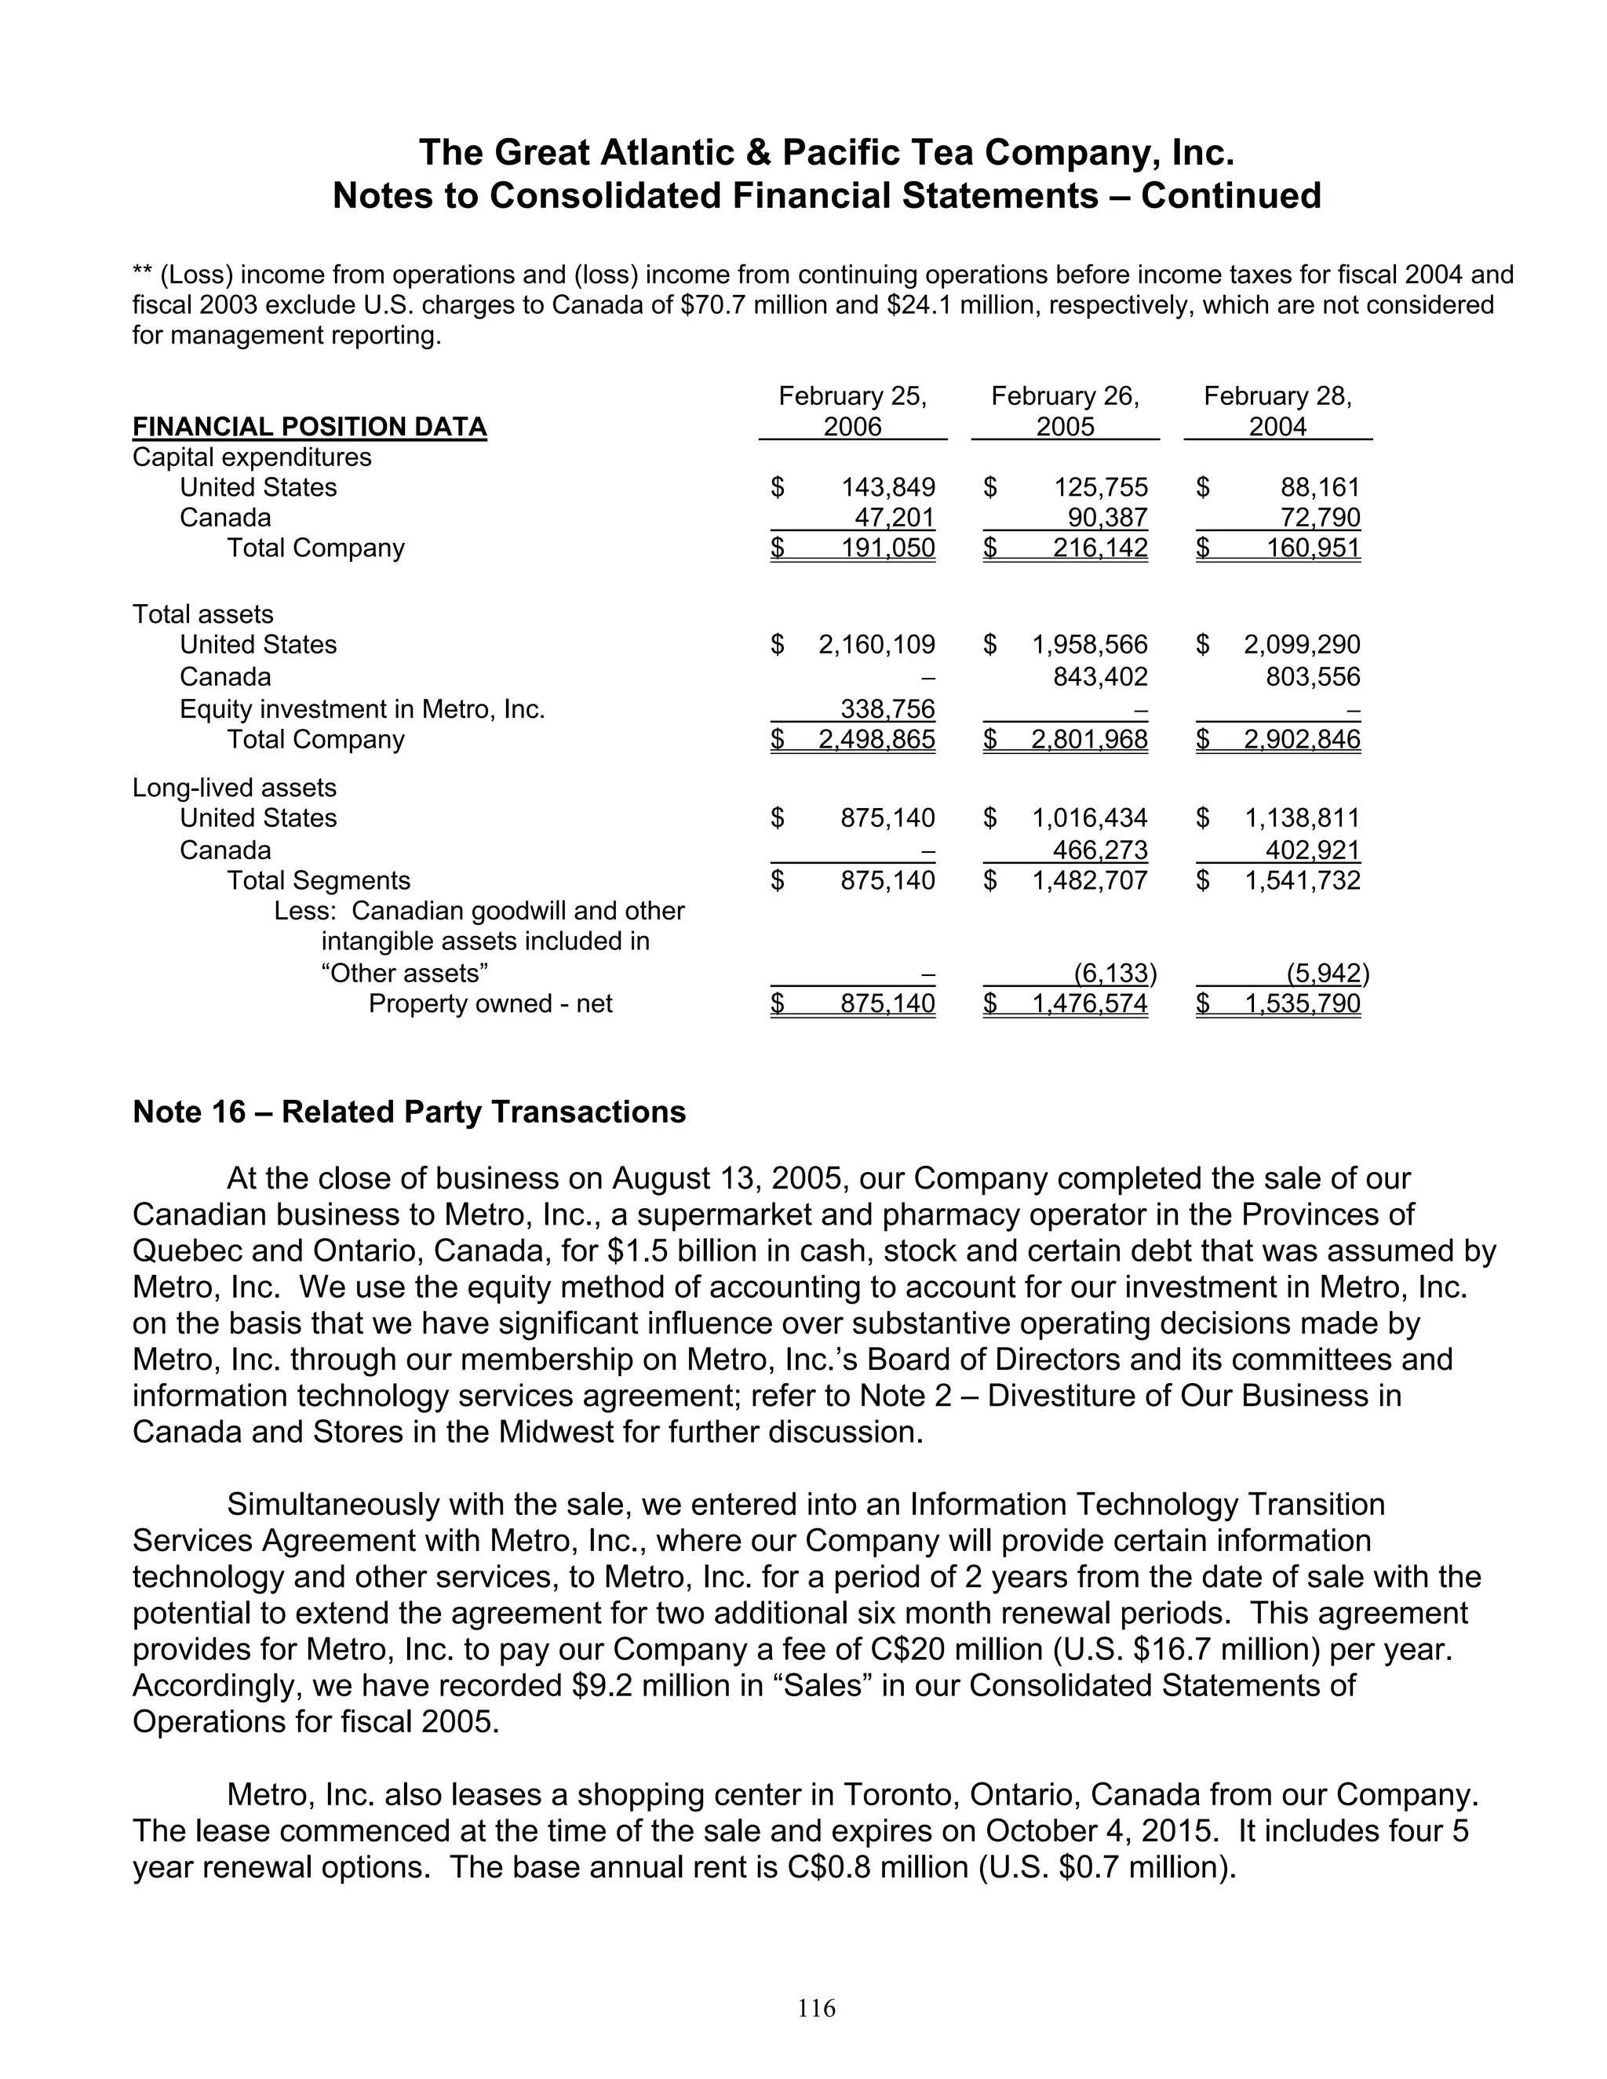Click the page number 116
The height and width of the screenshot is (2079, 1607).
pos(816,2008)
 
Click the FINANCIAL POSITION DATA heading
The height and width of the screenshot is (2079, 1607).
pos(309,427)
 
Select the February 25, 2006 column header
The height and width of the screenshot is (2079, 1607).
pos(852,411)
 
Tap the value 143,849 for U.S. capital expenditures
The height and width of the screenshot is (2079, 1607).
pos(887,487)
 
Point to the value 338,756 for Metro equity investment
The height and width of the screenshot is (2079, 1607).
pos(887,709)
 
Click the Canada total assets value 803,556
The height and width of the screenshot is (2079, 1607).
pos(1302,677)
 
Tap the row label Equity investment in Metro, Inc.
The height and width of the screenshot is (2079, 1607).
pos(362,709)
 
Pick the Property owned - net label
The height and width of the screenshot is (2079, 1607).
pos(490,1004)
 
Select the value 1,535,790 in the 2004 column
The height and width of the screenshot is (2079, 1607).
pos(1302,1004)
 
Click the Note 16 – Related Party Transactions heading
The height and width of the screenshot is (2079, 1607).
pos(410,1112)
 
